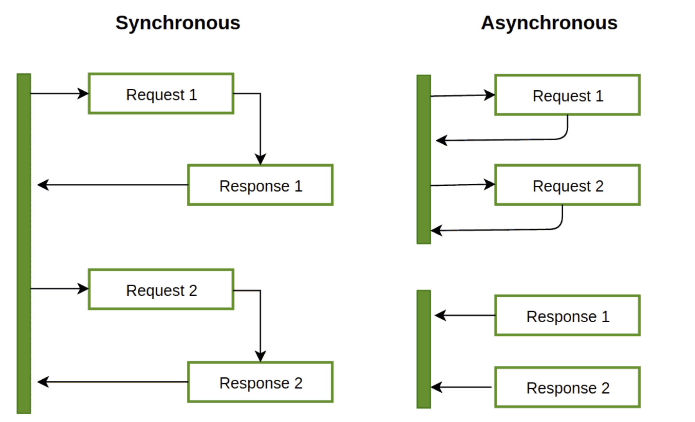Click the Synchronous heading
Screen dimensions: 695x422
pyautogui.click(x=178, y=23)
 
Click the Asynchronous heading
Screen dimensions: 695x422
pyautogui.click(x=549, y=23)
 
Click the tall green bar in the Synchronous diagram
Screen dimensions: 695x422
pyautogui.click(x=24, y=243)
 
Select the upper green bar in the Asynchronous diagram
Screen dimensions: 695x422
pyautogui.click(x=424, y=160)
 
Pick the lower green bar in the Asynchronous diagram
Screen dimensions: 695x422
pyautogui.click(x=424, y=349)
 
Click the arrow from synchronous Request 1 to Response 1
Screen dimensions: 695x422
pyautogui.click(x=260, y=117)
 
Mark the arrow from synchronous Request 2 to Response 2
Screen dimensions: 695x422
pyautogui.click(x=260, y=314)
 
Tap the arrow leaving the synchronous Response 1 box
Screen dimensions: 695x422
pyautogui.click(x=113, y=185)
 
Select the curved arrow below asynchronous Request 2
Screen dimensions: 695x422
pyautogui.click(x=509, y=230)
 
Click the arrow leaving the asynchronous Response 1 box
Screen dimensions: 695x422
pyautogui.click(x=465, y=315)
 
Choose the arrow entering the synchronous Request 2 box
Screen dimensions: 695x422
pyautogui.click(x=60, y=289)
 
